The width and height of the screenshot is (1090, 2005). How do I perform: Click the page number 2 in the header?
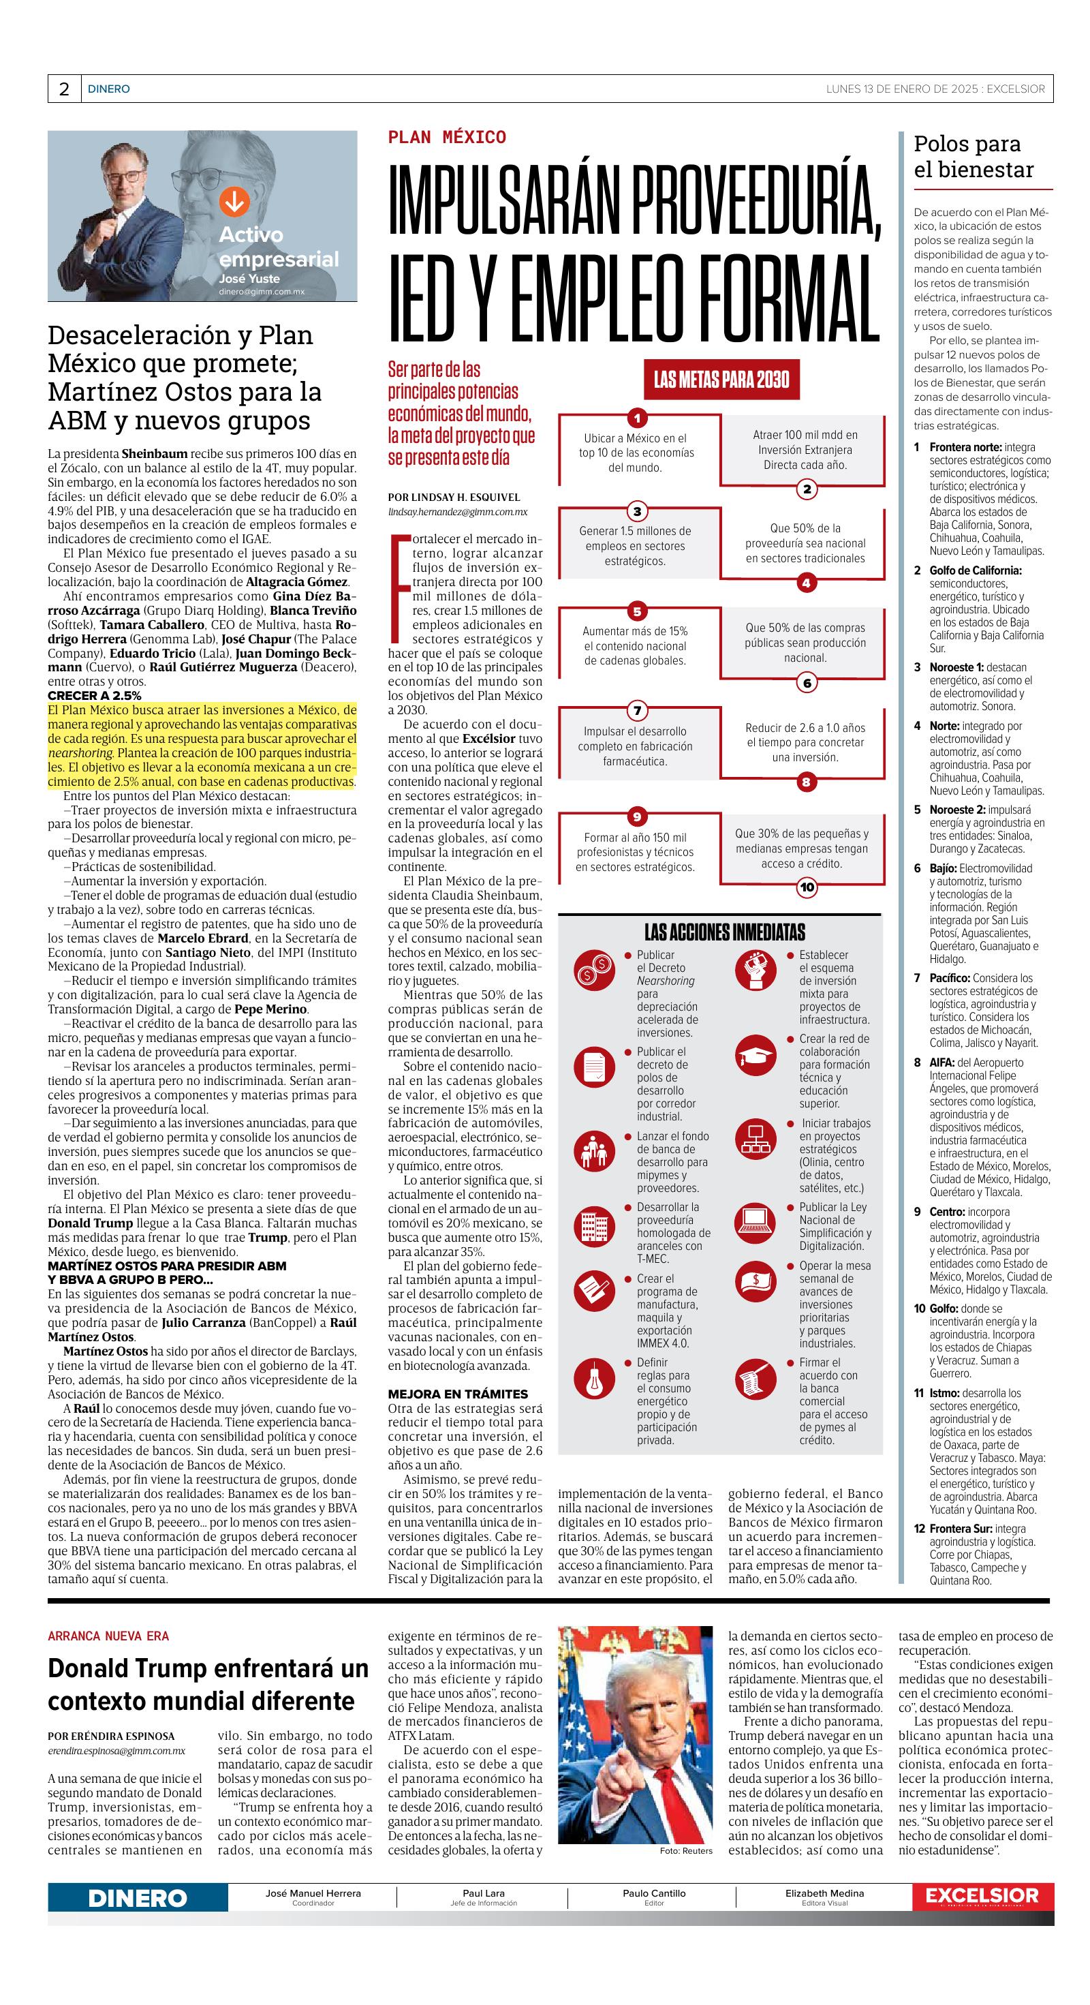(x=64, y=89)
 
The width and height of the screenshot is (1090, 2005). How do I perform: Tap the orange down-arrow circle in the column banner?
(x=234, y=202)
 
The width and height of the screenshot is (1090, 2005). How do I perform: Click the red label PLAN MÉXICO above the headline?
(x=447, y=138)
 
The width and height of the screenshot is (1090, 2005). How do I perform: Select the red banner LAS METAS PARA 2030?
(x=721, y=380)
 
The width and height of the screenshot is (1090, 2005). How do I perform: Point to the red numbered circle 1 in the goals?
(x=637, y=418)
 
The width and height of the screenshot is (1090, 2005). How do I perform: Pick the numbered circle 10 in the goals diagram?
(x=807, y=887)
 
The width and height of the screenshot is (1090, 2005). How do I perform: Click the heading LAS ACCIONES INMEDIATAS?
(x=724, y=932)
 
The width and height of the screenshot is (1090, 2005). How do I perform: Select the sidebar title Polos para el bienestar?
(x=974, y=157)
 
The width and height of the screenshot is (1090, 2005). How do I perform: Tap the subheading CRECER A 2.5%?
(x=95, y=695)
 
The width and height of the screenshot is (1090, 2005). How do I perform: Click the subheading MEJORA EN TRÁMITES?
(x=458, y=1393)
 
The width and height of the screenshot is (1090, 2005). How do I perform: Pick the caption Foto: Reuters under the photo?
(x=685, y=1851)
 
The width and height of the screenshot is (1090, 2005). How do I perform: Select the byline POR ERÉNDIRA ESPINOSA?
(x=111, y=1736)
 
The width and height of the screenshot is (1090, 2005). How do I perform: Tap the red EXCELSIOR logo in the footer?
(x=982, y=1897)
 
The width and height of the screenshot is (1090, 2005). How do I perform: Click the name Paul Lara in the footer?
(x=483, y=1893)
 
